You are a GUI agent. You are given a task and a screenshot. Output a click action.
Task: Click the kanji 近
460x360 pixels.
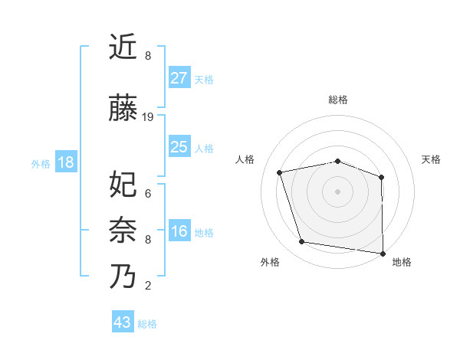123,47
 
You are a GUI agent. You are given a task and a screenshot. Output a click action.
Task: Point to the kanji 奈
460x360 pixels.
123,231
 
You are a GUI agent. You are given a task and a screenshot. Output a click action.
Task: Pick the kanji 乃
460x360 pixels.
123,277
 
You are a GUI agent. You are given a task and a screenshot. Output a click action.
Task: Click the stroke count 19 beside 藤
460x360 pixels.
148,117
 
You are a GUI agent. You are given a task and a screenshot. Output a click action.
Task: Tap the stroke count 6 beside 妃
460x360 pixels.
148,193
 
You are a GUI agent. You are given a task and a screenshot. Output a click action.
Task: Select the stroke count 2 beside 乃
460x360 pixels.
148,286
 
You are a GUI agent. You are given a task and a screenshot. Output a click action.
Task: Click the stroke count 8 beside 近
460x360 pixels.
148,56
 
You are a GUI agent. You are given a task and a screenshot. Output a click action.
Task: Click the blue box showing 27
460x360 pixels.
179,77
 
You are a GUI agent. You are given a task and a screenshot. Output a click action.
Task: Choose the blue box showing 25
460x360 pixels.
179,147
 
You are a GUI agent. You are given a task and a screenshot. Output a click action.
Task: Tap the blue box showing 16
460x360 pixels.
179,231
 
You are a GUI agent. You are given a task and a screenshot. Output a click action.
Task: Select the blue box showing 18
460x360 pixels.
65,162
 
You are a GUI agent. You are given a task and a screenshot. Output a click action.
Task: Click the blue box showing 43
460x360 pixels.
123,322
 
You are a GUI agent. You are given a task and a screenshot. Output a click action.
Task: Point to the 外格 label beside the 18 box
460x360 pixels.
41,163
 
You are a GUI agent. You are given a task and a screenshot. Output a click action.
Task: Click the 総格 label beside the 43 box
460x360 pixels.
148,323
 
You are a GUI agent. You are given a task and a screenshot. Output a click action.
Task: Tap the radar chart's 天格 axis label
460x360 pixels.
431,159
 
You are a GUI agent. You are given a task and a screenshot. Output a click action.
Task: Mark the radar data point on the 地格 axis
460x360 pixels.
383,253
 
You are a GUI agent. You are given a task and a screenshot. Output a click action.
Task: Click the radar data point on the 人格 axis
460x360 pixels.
280,172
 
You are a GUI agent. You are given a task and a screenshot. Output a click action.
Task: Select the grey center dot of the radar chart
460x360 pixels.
337,191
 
